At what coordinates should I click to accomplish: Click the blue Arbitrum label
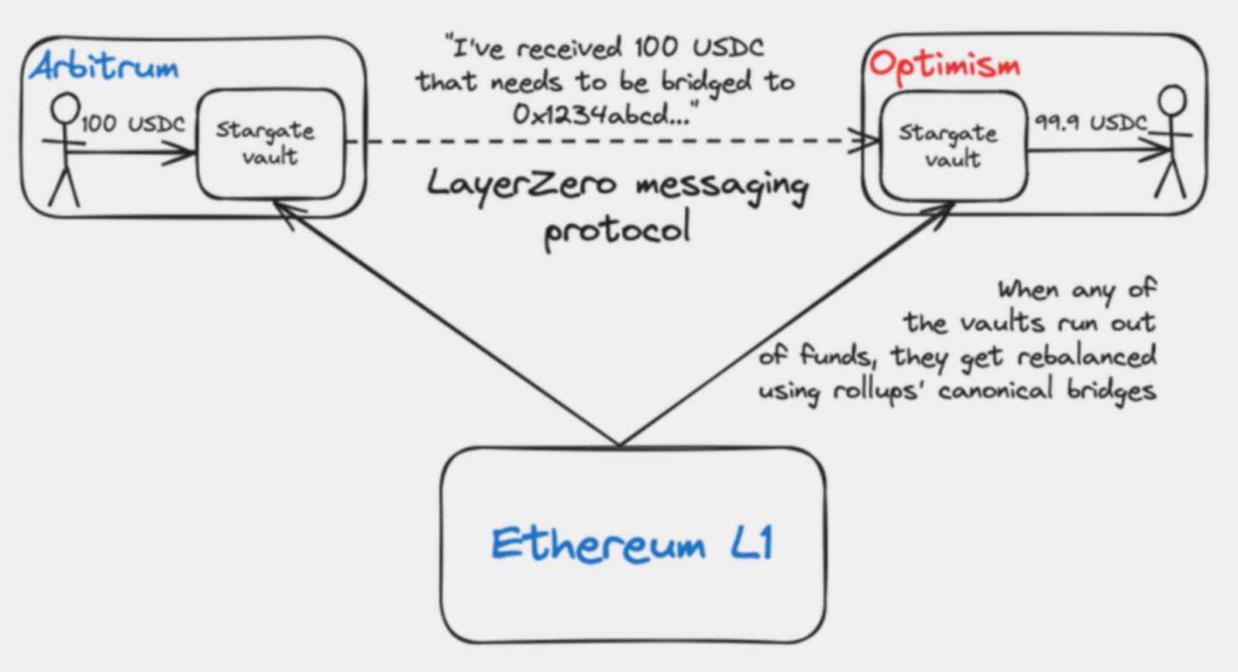point(105,68)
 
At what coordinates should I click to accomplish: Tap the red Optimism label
point(944,65)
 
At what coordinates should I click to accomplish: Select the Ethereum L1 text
point(632,544)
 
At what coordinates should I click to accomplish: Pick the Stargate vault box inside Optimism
point(952,146)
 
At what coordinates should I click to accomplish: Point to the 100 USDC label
point(133,124)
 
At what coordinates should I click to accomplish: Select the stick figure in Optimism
point(1171,143)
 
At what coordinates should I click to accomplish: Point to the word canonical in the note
point(995,390)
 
